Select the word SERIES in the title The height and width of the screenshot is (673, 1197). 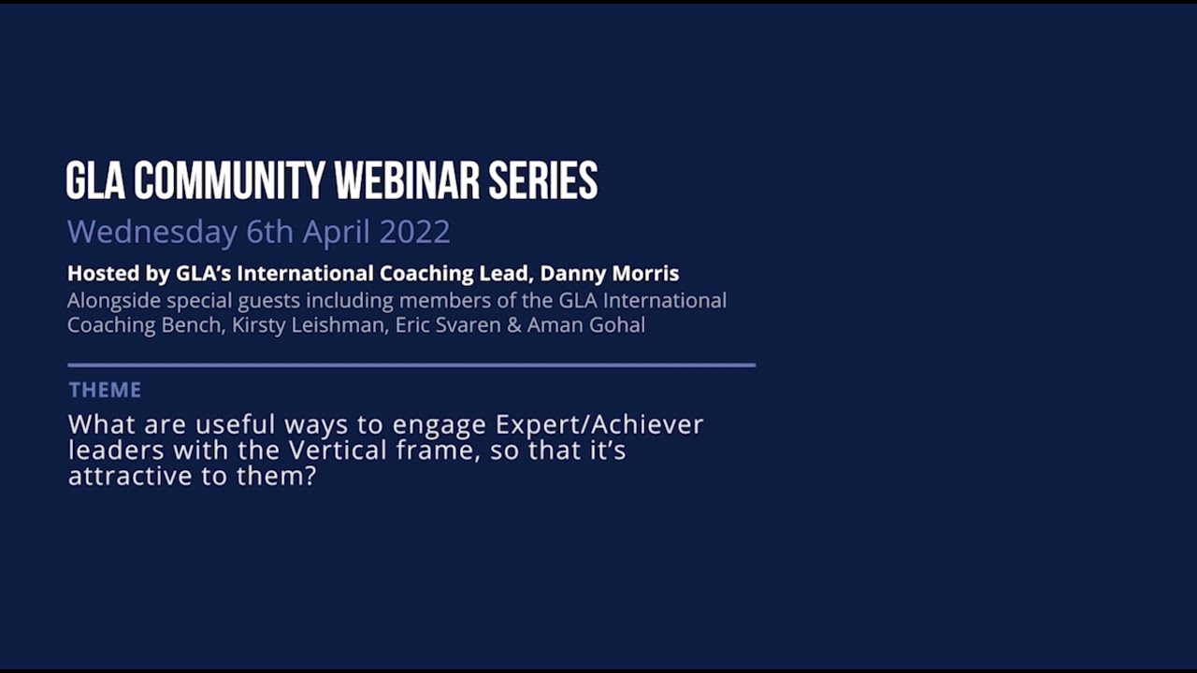[x=543, y=180]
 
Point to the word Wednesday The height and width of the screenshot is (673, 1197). [x=151, y=232]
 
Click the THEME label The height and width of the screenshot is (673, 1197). [x=105, y=390]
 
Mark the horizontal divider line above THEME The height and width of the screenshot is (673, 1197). [x=411, y=365]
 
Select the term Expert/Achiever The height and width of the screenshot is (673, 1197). [x=599, y=424]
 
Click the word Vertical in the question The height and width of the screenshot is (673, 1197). [x=338, y=451]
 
